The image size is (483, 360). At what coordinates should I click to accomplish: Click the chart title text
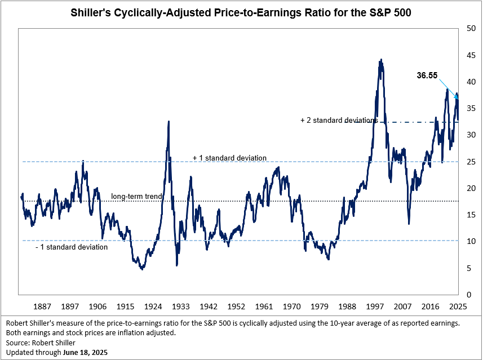click(241, 12)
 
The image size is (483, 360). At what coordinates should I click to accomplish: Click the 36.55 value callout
click(427, 75)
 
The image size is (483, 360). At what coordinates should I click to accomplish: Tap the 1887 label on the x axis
click(42, 306)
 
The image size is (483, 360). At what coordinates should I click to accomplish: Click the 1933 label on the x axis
click(181, 306)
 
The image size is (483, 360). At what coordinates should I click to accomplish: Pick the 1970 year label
click(291, 306)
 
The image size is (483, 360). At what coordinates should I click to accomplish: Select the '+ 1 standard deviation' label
click(229, 158)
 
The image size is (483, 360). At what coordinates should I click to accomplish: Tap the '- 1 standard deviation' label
click(71, 247)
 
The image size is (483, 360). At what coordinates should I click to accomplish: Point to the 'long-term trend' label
click(136, 196)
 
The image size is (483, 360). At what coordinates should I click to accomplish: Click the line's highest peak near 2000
click(381, 59)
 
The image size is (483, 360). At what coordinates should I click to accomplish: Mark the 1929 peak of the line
click(169, 122)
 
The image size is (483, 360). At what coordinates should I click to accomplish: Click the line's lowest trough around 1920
click(142, 269)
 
